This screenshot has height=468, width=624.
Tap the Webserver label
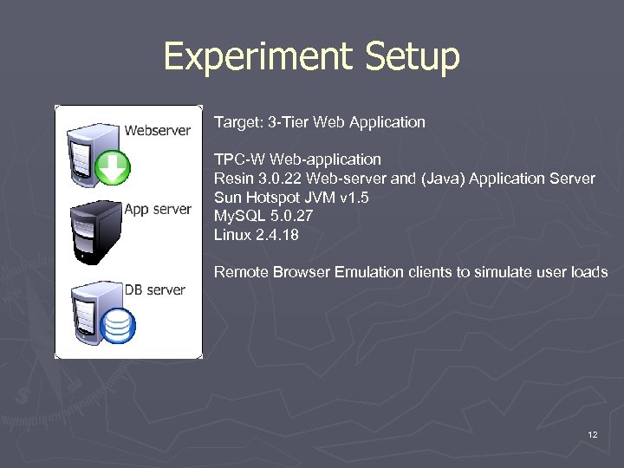click(x=157, y=131)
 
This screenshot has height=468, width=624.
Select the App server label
click(x=158, y=209)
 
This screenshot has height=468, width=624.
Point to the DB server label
click(x=155, y=289)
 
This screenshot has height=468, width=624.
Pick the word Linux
click(x=232, y=235)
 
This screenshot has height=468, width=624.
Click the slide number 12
click(x=592, y=434)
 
